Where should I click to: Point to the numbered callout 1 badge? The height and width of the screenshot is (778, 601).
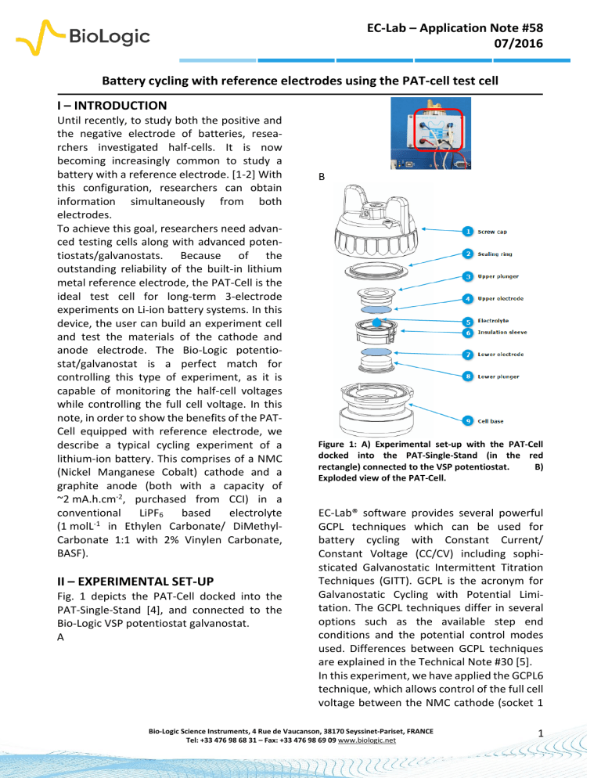(x=467, y=231)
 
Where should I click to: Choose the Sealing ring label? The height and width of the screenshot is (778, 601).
(x=505, y=254)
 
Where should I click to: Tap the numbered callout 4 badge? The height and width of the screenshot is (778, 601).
(x=467, y=298)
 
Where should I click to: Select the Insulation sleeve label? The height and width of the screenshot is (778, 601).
(x=513, y=332)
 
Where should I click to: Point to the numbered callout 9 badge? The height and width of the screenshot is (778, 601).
(x=467, y=421)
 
